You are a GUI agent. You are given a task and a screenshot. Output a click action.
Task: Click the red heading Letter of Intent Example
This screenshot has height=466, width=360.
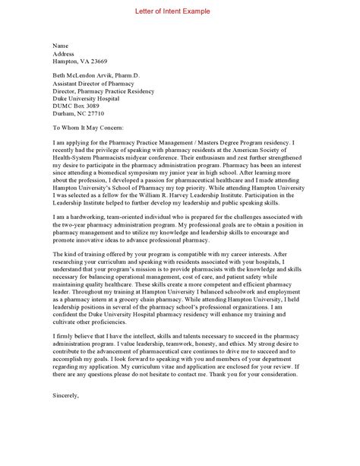click(179, 11)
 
